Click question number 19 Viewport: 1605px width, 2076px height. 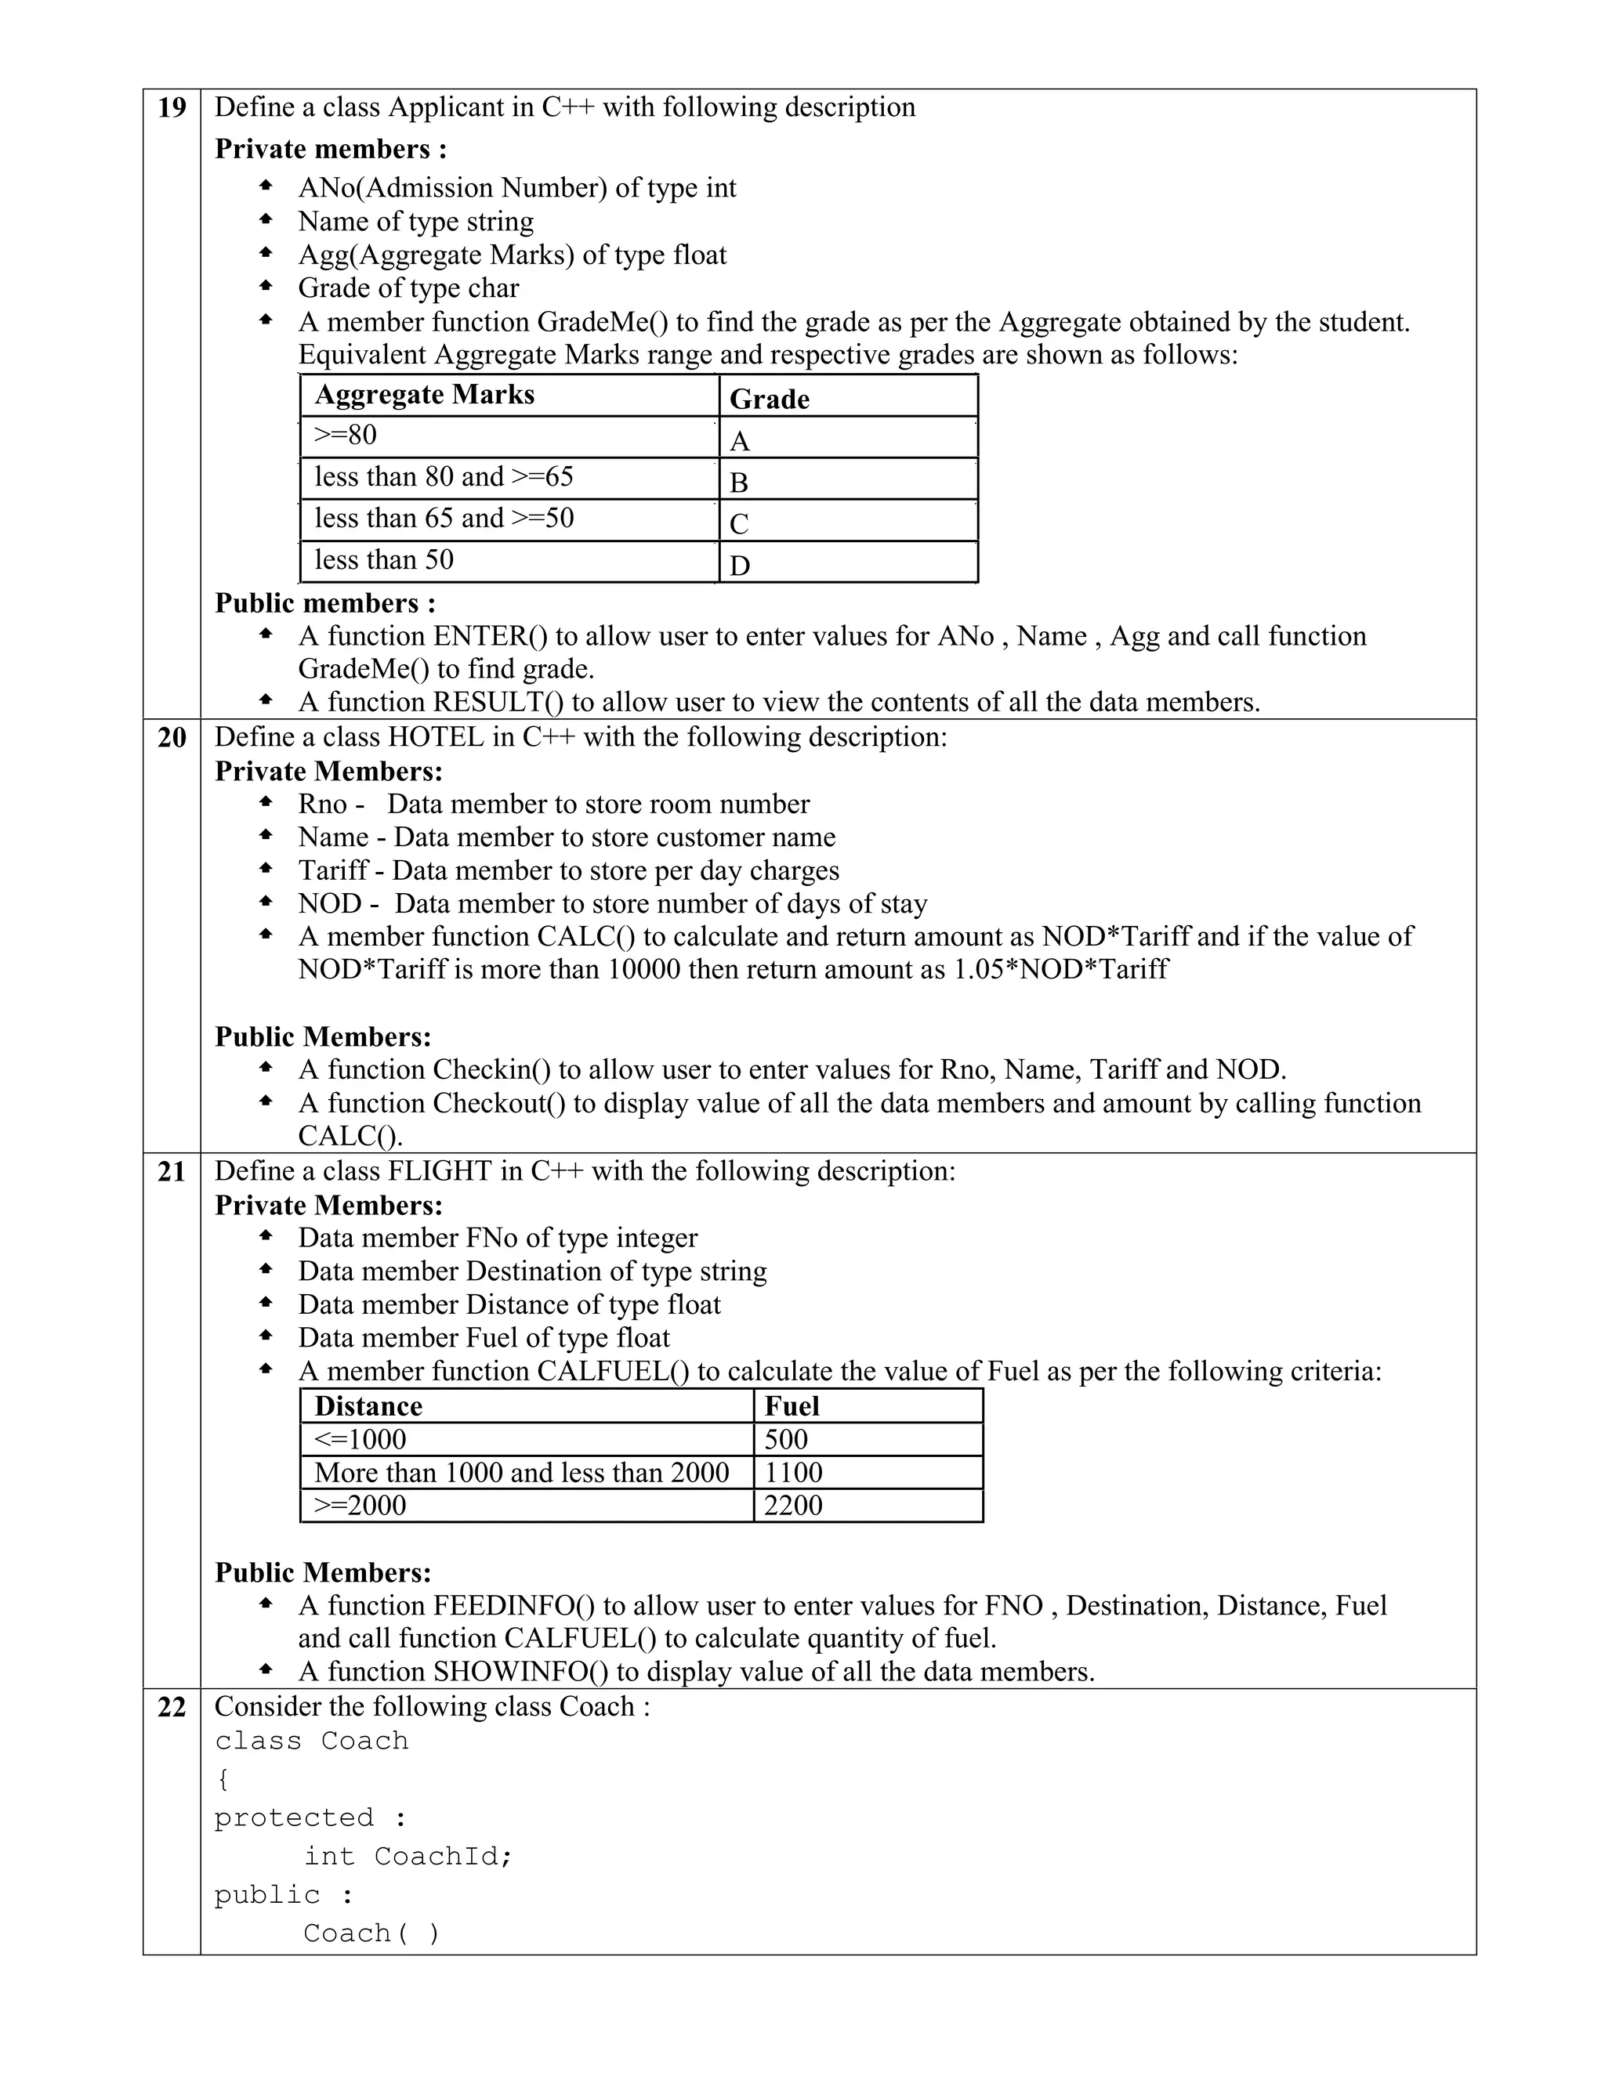click(171, 107)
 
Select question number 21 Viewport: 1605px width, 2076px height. click(171, 1172)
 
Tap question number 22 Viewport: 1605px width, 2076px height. click(171, 1707)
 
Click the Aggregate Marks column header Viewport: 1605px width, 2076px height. click(424, 395)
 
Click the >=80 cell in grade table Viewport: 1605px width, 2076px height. click(346, 436)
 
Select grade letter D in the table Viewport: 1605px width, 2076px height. click(740, 566)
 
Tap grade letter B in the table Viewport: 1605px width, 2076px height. click(739, 483)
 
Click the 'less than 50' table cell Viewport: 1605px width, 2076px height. click(384, 560)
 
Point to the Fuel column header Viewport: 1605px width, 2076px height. click(791, 1406)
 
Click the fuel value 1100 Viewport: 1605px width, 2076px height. click(793, 1473)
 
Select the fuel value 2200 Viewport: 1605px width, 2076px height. click(793, 1505)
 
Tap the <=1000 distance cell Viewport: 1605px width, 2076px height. click(360, 1439)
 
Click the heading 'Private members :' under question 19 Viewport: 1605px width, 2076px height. click(330, 149)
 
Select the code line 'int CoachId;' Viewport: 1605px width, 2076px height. click(408, 1857)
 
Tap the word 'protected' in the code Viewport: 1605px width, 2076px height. click(294, 1817)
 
